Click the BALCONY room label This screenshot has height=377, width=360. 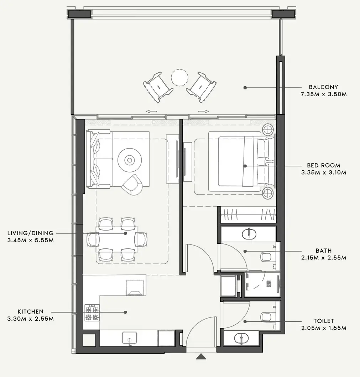tap(323, 87)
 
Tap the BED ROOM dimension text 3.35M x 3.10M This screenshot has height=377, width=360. tap(323, 172)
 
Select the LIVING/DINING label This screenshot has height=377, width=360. tap(30, 233)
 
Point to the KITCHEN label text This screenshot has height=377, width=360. tap(30, 311)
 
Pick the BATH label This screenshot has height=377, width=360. tap(323, 251)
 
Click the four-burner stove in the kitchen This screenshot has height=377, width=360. tap(92, 313)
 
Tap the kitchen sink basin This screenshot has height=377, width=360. tap(130, 337)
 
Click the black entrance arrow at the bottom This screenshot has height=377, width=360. tap(202, 356)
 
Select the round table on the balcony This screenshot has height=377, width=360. tap(179, 77)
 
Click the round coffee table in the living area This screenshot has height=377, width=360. tap(129, 160)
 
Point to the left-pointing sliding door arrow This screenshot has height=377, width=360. tap(151, 111)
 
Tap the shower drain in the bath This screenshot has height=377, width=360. tap(270, 284)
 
